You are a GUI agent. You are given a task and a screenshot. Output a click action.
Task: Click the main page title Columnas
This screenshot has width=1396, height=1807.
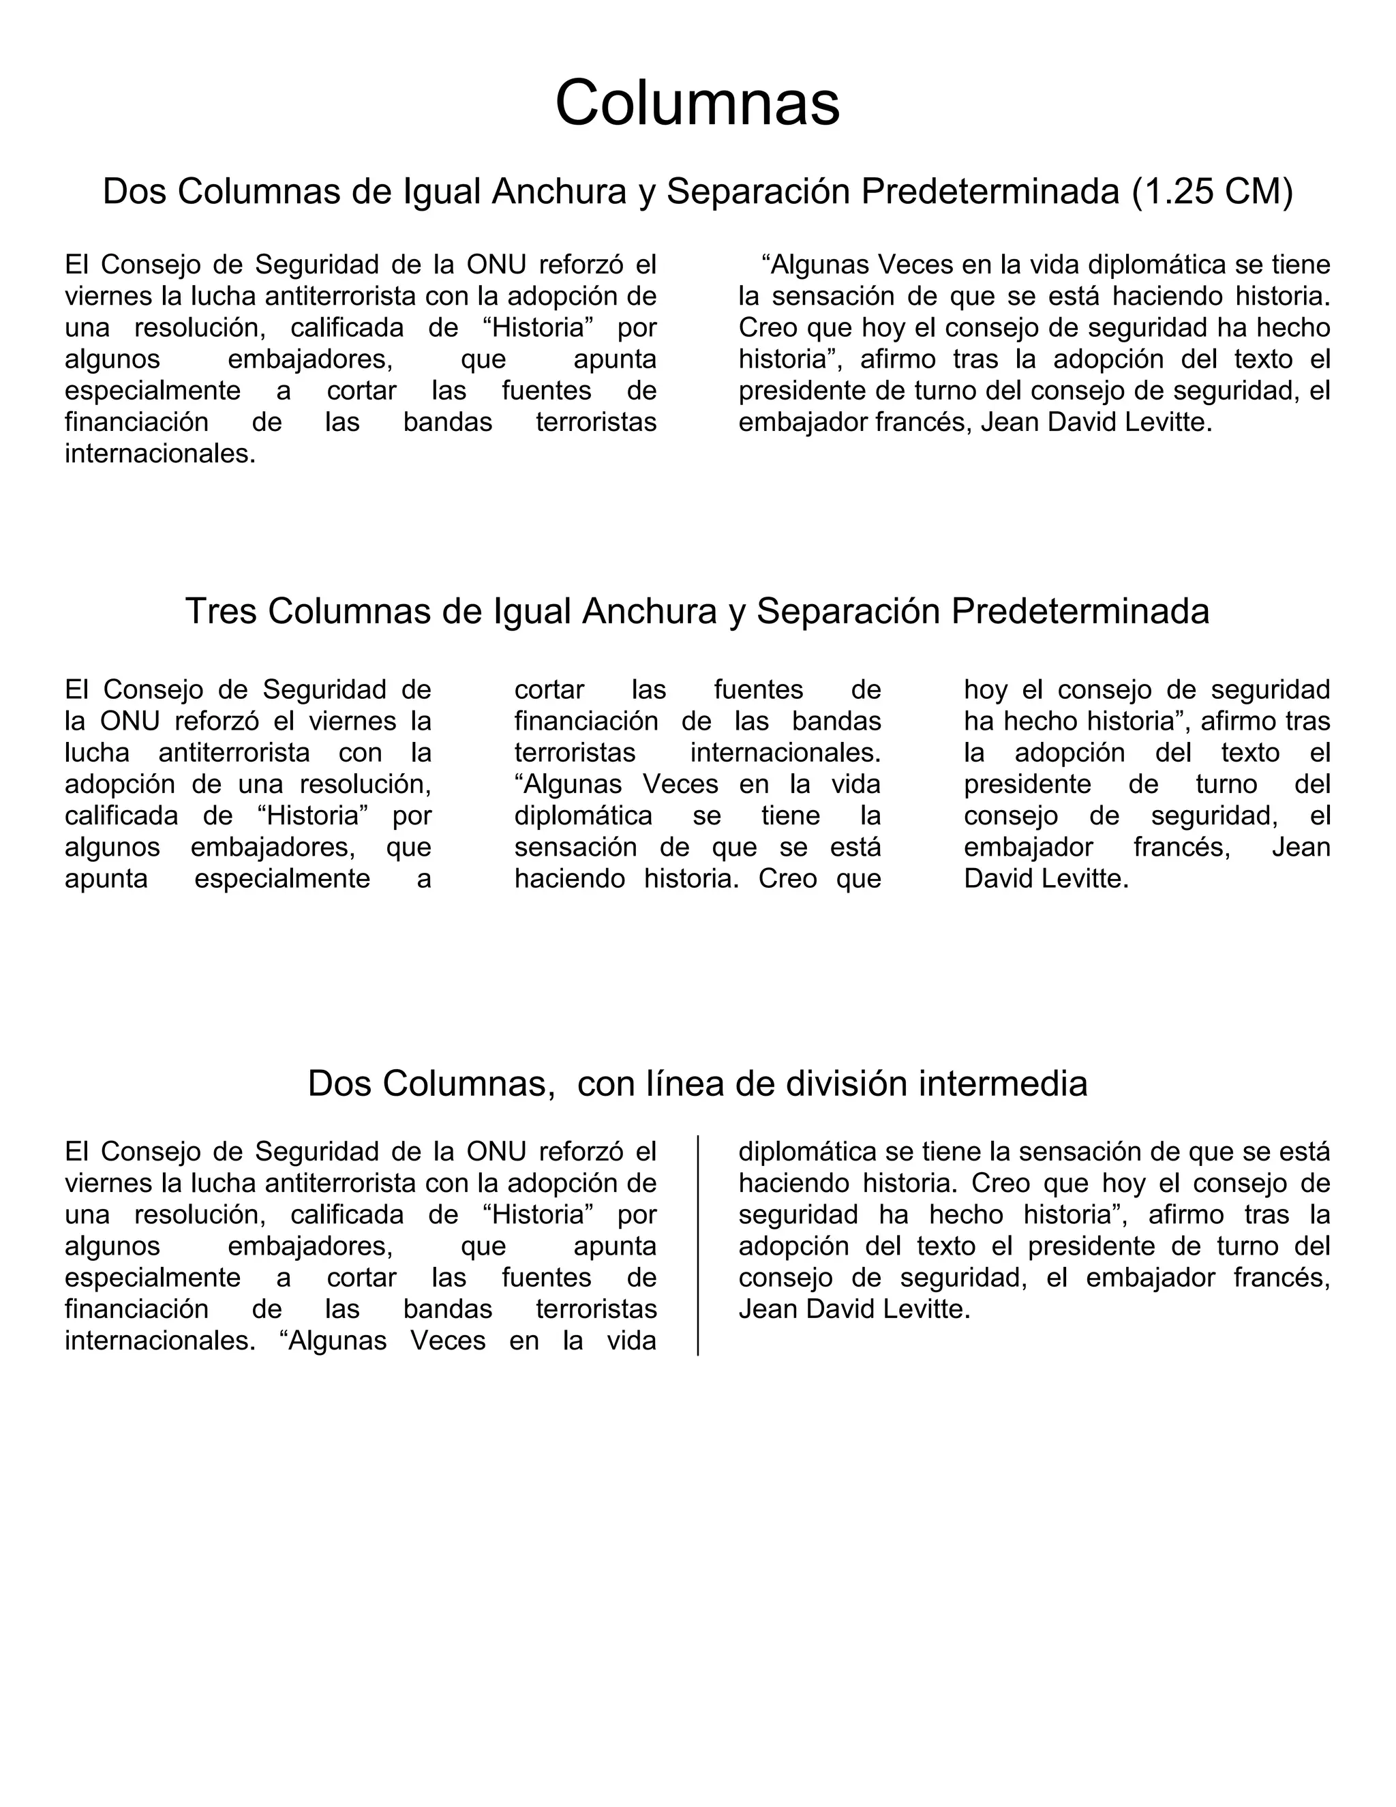click(x=697, y=102)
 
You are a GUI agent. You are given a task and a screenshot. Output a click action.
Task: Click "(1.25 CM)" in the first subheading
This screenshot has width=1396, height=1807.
click(x=1210, y=192)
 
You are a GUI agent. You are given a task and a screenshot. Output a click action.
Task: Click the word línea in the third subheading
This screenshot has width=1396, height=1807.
click(x=686, y=1083)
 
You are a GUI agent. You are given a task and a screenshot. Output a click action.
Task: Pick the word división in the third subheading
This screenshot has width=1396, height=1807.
click(x=846, y=1083)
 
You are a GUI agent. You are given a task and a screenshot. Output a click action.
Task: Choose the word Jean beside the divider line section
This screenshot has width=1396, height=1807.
click(x=768, y=1309)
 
